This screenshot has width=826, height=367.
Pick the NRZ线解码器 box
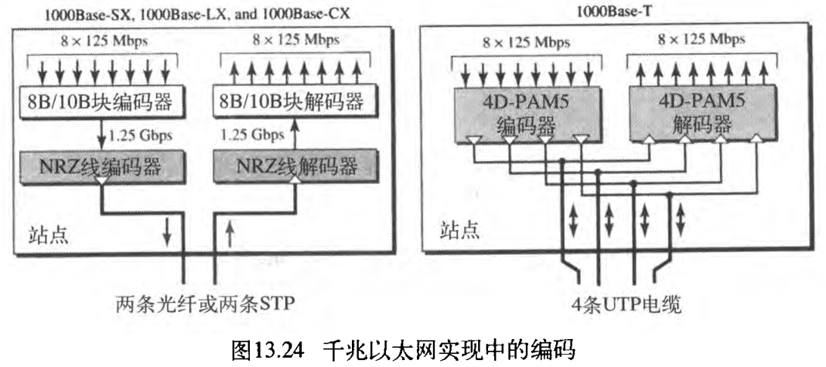point(295,165)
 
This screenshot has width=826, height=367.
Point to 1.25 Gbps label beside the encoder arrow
point(141,134)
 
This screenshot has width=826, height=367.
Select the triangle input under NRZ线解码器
point(296,181)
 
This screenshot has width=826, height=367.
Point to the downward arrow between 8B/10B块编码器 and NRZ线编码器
point(102,133)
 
